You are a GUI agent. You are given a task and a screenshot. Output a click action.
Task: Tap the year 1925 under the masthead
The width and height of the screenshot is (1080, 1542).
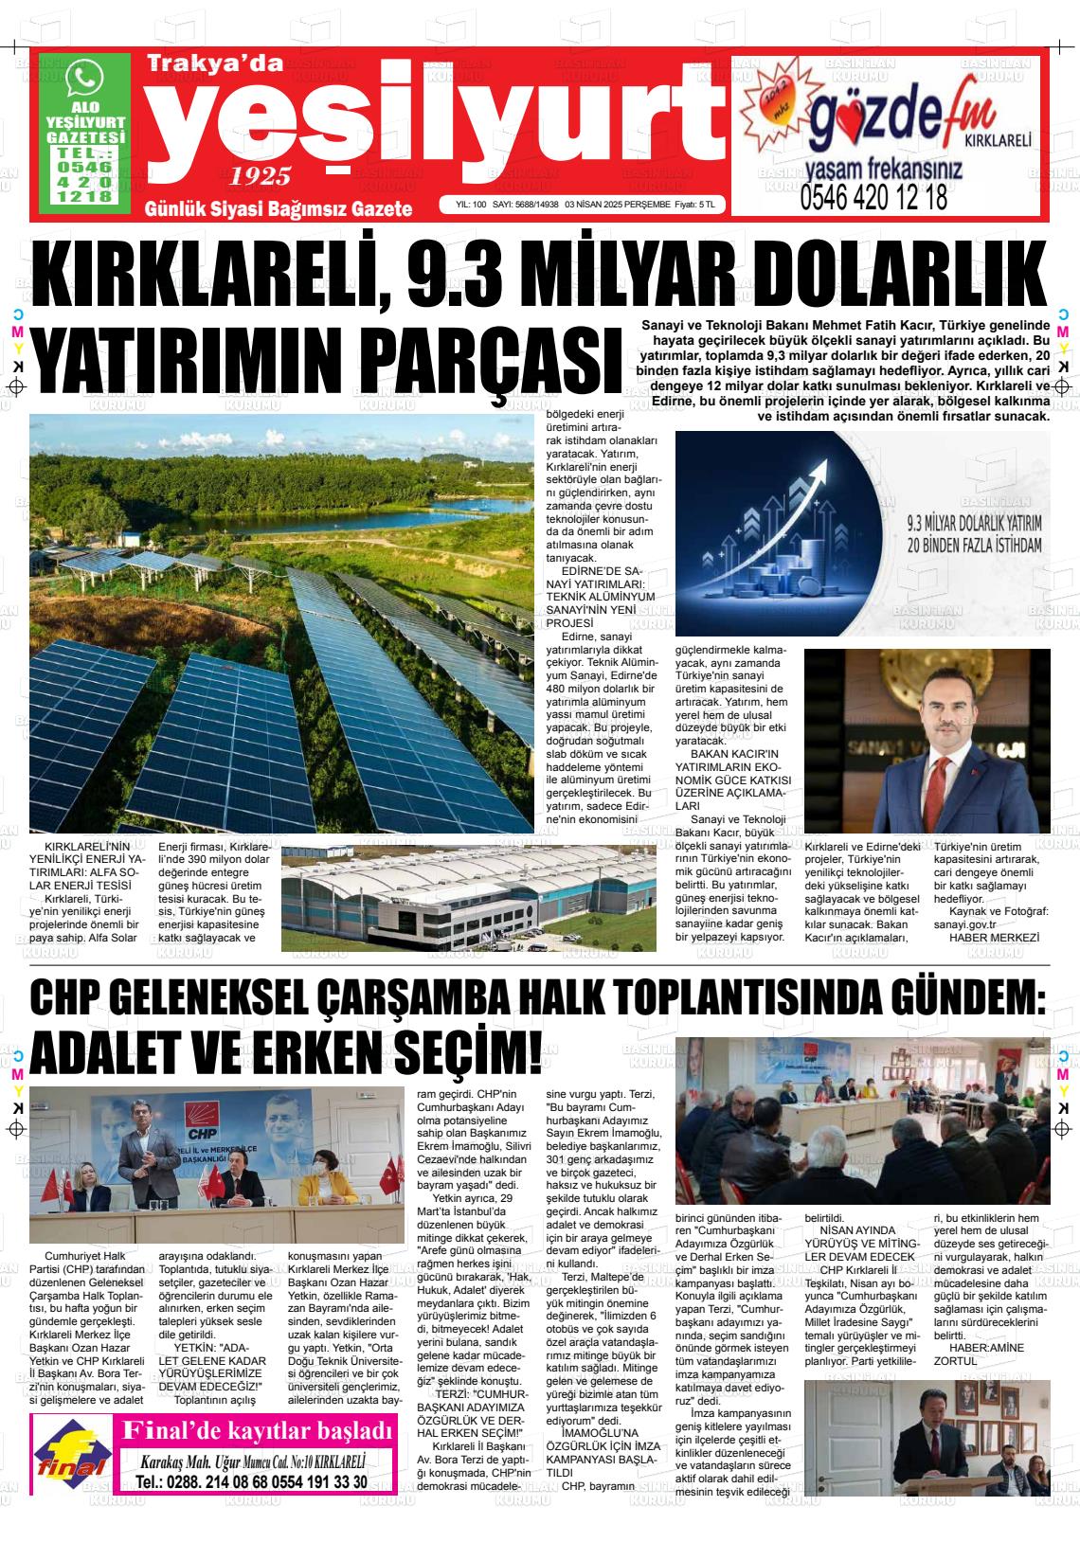pyautogui.click(x=261, y=176)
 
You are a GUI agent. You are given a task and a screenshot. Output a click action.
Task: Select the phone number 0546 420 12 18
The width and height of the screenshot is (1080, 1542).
pyautogui.click(x=873, y=198)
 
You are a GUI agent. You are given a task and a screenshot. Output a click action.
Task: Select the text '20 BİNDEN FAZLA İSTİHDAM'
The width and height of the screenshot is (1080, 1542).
pyautogui.click(x=962, y=546)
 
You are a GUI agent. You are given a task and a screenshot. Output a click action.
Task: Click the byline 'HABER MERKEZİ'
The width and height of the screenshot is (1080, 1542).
pyautogui.click(x=994, y=937)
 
